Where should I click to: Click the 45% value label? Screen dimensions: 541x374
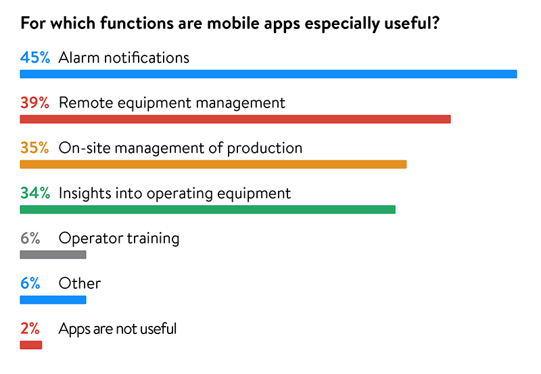(x=35, y=57)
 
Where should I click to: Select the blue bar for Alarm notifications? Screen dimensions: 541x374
(x=268, y=74)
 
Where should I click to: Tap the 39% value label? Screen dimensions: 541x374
(x=34, y=103)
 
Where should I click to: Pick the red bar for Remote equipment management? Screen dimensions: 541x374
(x=235, y=119)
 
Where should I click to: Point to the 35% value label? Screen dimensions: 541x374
(x=34, y=148)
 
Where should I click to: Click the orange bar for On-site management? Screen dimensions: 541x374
(x=213, y=164)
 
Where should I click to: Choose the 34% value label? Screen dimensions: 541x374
(x=35, y=193)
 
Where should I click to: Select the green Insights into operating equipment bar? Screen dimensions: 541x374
(x=208, y=210)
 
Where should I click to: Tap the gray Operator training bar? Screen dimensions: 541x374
(x=53, y=254)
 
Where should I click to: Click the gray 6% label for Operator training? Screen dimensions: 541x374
(x=30, y=239)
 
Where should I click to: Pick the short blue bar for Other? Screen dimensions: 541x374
(x=53, y=300)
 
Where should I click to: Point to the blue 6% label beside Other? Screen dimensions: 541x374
(x=30, y=283)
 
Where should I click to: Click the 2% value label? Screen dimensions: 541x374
(x=30, y=329)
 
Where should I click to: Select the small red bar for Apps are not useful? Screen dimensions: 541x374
(x=31, y=345)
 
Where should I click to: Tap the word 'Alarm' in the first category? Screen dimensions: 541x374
(x=79, y=57)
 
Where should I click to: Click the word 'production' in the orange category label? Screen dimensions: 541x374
(x=264, y=149)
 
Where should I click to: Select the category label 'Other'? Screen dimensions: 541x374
(x=80, y=283)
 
